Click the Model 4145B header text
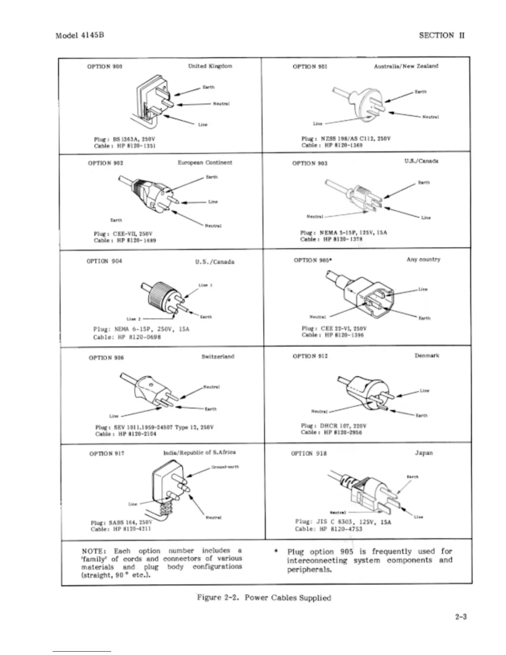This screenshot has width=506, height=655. [79, 35]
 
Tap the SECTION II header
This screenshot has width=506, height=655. [442, 36]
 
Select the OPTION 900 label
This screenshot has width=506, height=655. [105, 66]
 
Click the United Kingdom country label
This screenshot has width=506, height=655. [210, 66]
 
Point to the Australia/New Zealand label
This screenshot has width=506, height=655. [406, 66]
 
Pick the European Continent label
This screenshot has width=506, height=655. [205, 163]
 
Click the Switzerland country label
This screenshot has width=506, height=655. [218, 356]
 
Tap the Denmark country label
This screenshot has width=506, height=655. [427, 356]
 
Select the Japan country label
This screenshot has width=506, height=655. [424, 453]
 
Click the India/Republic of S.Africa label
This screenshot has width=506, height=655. [200, 452]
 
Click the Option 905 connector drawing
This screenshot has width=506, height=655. [364, 296]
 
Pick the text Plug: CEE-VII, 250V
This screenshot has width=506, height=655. [123, 234]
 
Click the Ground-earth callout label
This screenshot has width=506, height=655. [225, 467]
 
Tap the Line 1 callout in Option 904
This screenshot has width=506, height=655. [205, 285]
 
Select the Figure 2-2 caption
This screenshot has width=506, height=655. [264, 598]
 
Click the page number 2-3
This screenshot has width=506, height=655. [461, 617]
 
